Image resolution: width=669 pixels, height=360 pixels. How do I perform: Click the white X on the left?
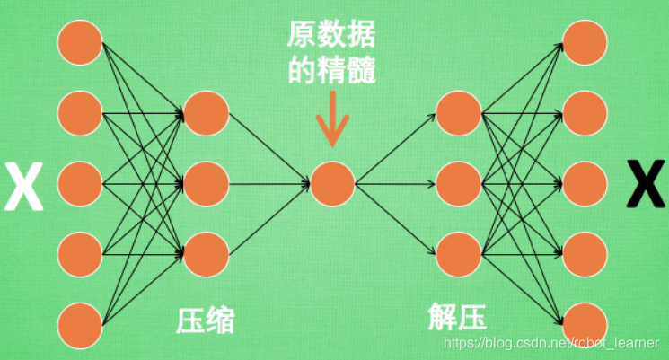[24, 185]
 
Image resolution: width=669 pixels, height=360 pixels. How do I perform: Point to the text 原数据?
[332, 35]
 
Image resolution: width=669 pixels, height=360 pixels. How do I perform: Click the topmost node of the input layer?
[80, 44]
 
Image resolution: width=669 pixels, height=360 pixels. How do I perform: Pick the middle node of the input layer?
[80, 185]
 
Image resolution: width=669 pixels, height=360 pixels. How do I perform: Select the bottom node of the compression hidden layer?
[207, 255]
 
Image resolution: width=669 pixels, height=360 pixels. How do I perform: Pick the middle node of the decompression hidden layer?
[458, 185]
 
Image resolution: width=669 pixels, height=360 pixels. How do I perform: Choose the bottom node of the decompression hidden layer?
[458, 255]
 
